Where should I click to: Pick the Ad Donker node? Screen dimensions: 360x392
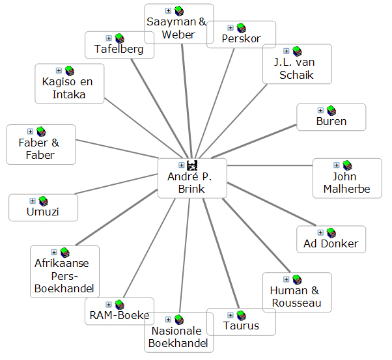[x=331, y=244]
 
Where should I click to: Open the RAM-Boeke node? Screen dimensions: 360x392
[x=120, y=316]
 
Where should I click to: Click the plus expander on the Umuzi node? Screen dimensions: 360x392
[x=33, y=201]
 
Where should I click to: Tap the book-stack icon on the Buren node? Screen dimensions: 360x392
[x=331, y=110]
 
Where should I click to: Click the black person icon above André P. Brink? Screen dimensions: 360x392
[x=191, y=165]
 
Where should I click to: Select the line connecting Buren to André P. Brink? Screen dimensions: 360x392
[x=260, y=143]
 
